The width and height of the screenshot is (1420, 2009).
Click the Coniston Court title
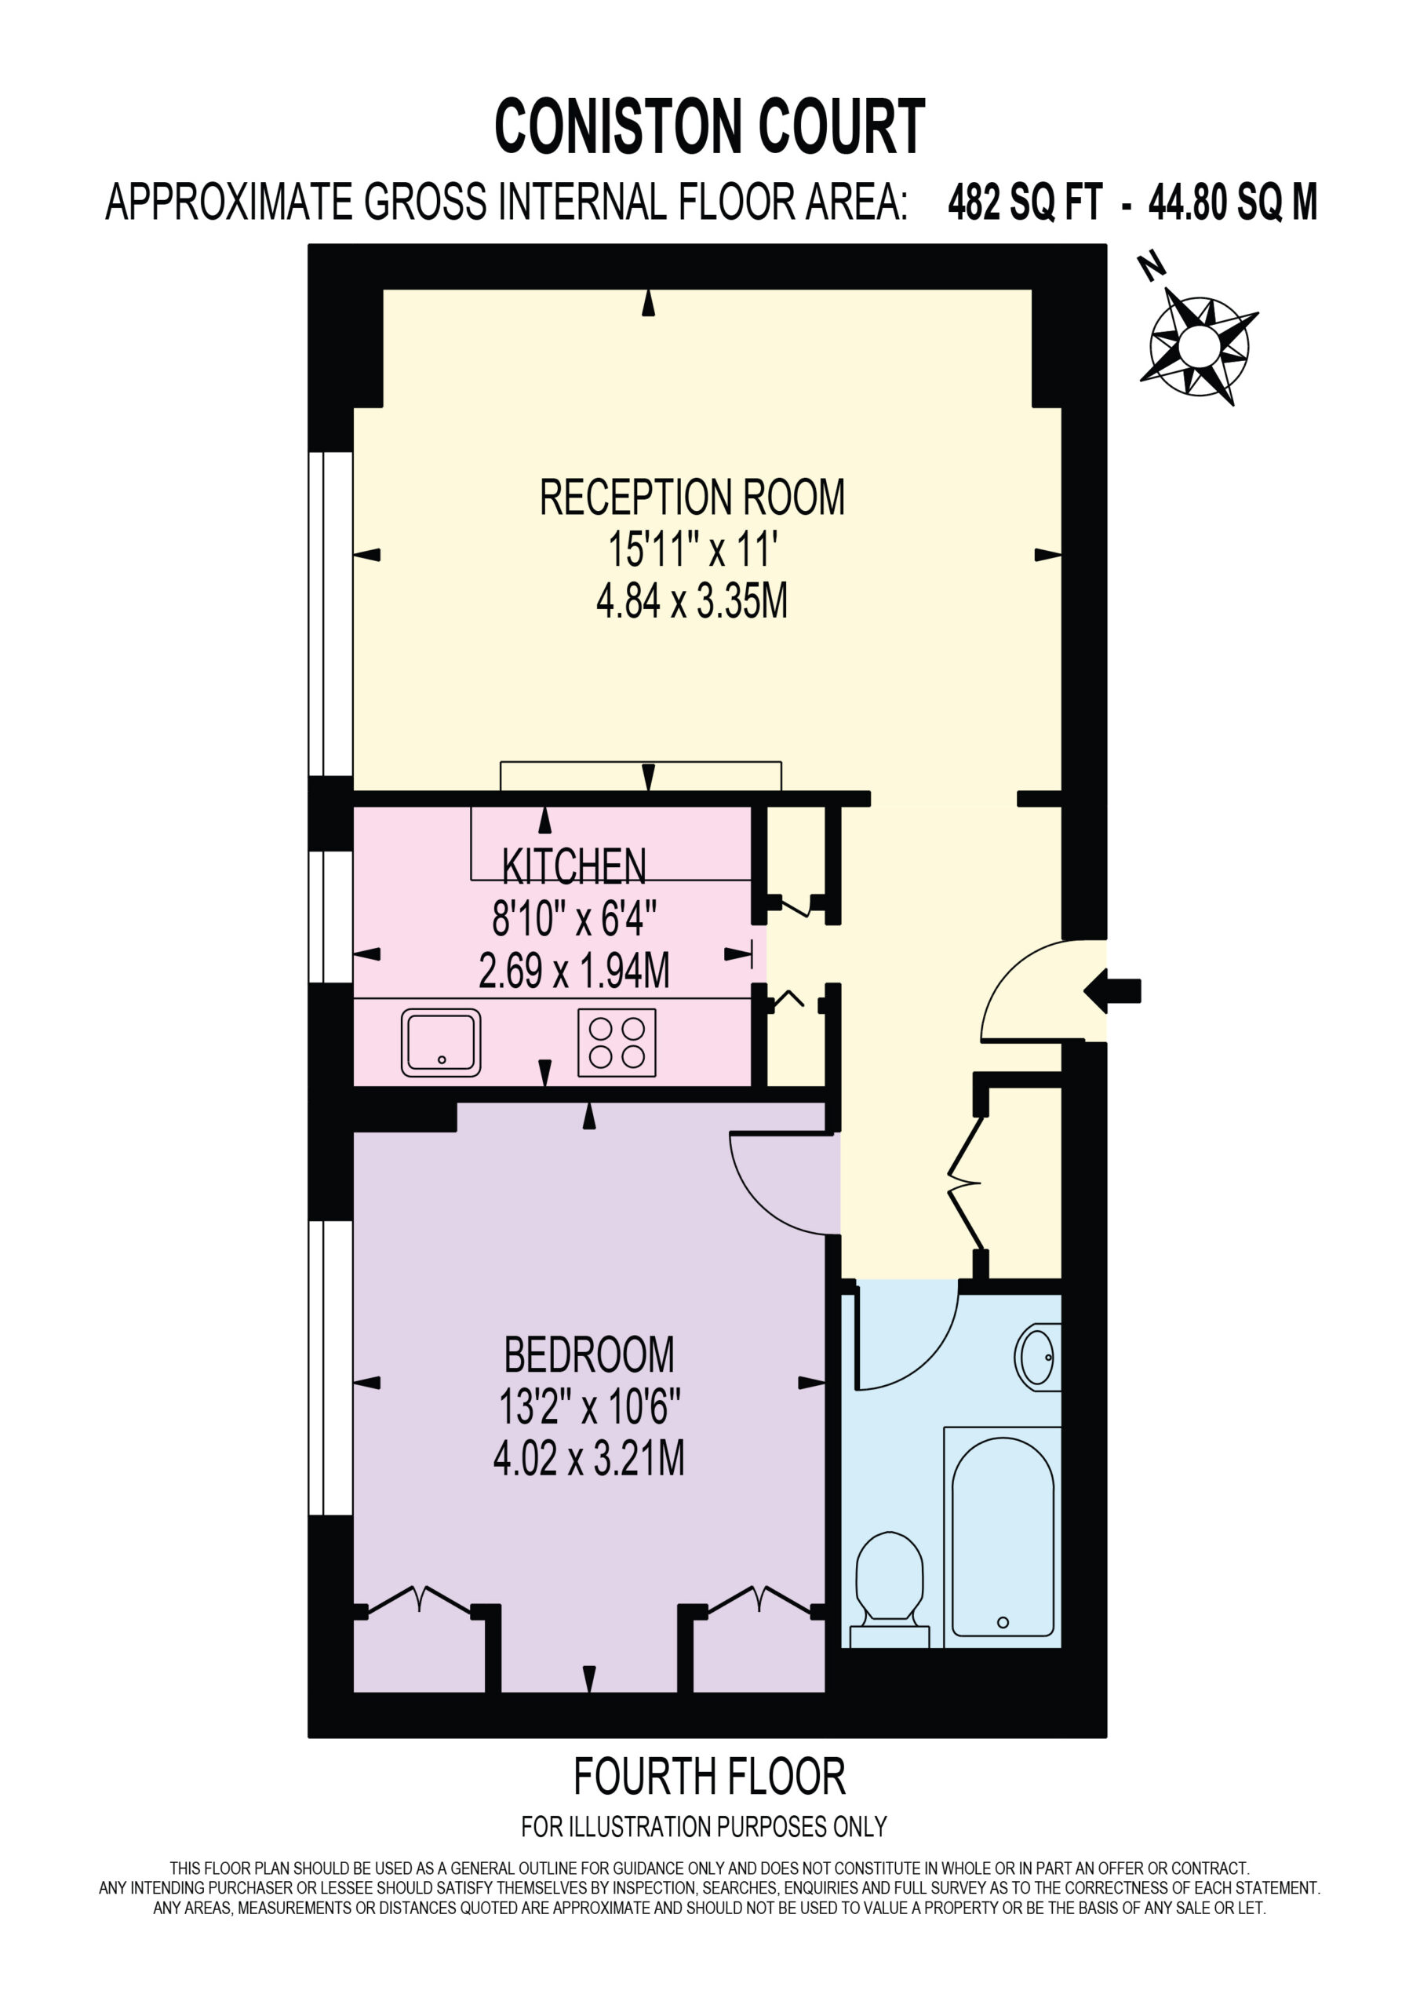tap(709, 127)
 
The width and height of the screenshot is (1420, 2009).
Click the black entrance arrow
tap(1112, 990)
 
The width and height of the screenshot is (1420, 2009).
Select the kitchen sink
tap(441, 1042)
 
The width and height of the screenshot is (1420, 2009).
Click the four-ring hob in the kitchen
tap(617, 1042)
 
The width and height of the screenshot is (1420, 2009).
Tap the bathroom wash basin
tap(1038, 1357)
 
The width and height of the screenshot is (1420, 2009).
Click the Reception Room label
tap(692, 497)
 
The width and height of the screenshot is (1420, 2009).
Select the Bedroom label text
tap(589, 1355)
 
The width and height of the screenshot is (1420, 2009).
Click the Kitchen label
tap(574, 866)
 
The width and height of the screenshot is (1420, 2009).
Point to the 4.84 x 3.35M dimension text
tap(691, 602)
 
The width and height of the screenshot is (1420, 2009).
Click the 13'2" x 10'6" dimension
tap(589, 1407)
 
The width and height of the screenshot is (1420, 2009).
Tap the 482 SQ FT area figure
tap(1025, 202)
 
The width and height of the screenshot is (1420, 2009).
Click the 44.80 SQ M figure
tap(1232, 202)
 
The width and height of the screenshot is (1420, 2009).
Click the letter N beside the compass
tap(1152, 266)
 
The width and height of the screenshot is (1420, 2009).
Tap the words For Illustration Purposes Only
tap(705, 1826)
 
